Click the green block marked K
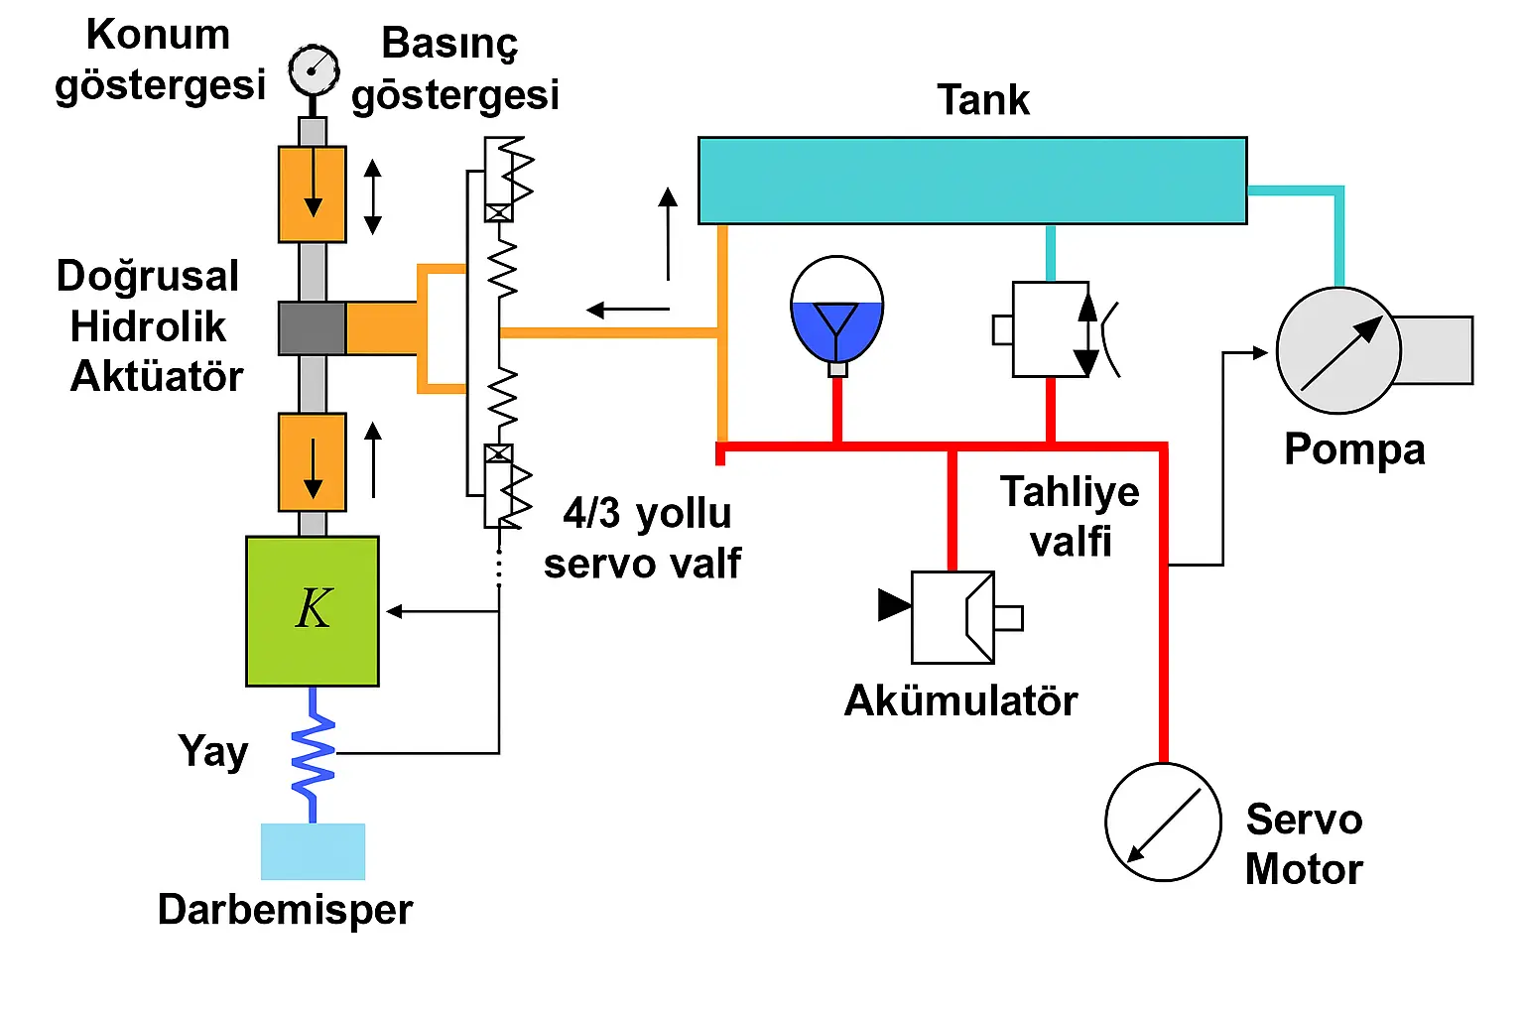tap(313, 610)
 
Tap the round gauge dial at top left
tap(314, 70)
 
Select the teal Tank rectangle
tap(972, 181)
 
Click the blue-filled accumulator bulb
tap(837, 313)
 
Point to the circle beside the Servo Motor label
tap(1163, 822)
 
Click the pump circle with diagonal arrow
tap(1337, 350)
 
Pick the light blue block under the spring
tap(313, 851)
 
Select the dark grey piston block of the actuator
tap(312, 328)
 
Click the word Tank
tap(983, 100)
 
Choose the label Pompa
tap(1354, 449)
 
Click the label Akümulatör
tap(960, 700)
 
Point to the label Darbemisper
tap(285, 909)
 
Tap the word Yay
tap(213, 751)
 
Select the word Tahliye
tap(1070, 492)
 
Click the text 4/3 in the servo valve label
tap(591, 514)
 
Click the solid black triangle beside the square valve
tap(893, 604)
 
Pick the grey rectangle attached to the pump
tap(1436, 350)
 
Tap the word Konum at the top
tap(159, 35)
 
